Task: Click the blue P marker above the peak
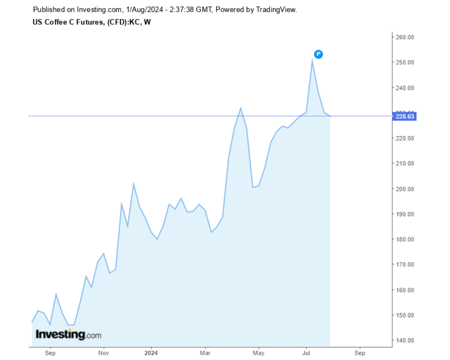[x=318, y=54]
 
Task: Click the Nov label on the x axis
[x=104, y=353]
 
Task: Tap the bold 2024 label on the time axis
[x=151, y=353]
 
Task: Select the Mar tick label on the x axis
[x=205, y=353]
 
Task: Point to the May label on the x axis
[x=258, y=353]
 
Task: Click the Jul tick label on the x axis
[x=306, y=353]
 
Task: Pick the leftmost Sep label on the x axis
[x=50, y=353]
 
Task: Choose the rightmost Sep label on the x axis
[x=360, y=353]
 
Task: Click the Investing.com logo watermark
[x=68, y=334]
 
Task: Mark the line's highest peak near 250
[x=312, y=60]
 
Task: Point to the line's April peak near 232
[x=240, y=108]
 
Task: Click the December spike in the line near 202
[x=133, y=184]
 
